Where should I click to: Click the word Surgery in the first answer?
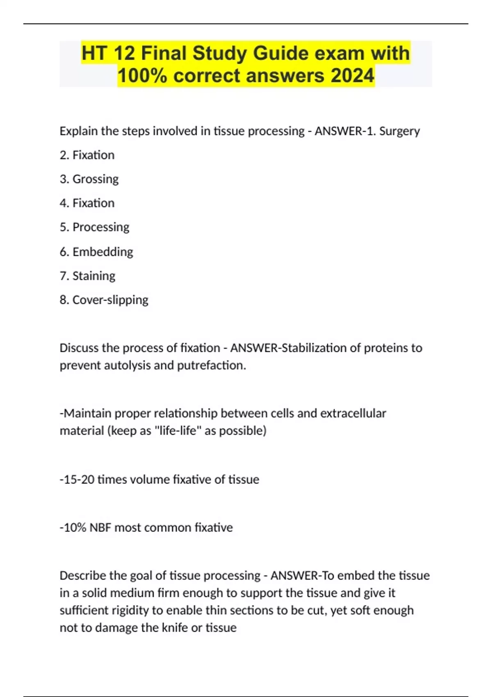point(399,131)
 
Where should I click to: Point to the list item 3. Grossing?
point(89,179)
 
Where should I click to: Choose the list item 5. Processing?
point(94,227)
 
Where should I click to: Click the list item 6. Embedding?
point(96,252)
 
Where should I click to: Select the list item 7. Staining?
point(87,276)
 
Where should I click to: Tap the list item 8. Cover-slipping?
point(104,300)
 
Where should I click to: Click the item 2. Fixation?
point(87,155)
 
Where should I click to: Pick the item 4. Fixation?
point(87,203)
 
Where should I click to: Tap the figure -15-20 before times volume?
point(77,480)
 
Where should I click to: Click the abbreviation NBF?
point(100,528)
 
